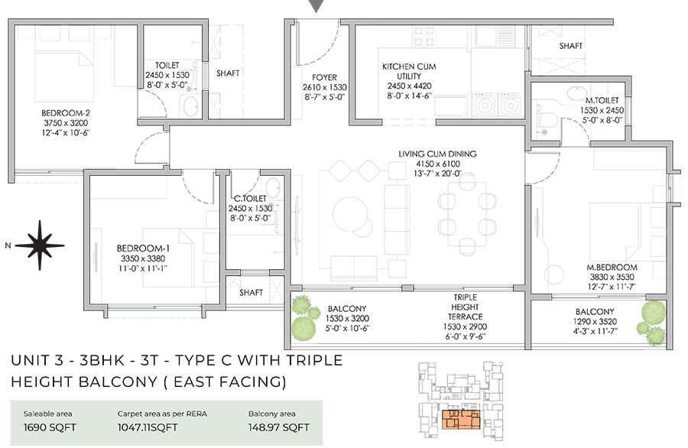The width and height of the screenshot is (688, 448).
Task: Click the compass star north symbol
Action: click(x=40, y=245)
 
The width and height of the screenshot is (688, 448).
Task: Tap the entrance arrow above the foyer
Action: click(x=316, y=5)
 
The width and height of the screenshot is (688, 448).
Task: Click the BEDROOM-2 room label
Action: click(x=66, y=113)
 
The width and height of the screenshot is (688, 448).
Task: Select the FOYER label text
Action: click(x=325, y=77)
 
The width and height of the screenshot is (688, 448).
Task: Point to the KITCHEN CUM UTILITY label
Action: click(x=409, y=71)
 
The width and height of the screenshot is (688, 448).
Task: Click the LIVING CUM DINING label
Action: click(x=437, y=154)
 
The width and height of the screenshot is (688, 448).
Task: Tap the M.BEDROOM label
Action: click(x=612, y=268)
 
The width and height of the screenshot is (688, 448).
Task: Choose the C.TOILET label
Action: click(x=250, y=199)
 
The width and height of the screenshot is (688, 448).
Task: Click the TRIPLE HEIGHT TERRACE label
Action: click(x=465, y=307)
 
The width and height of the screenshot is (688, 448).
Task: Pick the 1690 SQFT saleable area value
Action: click(x=50, y=427)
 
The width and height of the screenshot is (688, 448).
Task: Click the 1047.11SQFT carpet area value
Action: click(x=148, y=427)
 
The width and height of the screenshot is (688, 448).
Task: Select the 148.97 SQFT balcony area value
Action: click(x=278, y=427)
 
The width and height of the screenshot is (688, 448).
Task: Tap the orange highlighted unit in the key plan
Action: click(x=461, y=420)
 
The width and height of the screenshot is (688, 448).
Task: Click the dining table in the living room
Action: click(x=467, y=214)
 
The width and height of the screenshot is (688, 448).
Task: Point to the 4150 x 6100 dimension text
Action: click(x=437, y=164)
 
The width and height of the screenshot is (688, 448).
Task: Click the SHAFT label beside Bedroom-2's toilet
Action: click(x=228, y=73)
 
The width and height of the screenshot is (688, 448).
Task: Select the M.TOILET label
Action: click(x=602, y=100)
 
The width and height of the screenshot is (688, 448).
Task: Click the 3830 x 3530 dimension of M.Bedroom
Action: click(x=612, y=277)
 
